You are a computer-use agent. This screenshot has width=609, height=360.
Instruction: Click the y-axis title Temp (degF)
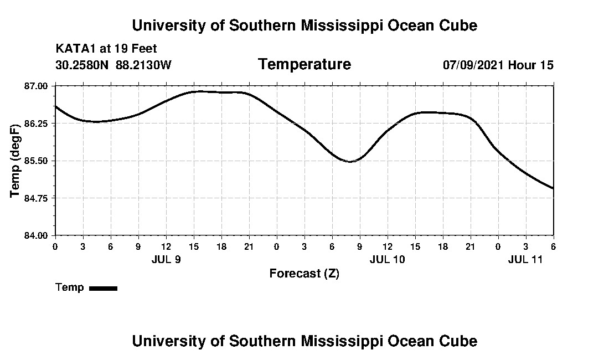pos(16,160)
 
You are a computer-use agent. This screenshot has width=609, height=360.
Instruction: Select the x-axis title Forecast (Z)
pos(304,273)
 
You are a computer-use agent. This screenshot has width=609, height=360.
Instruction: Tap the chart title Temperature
pos(304,65)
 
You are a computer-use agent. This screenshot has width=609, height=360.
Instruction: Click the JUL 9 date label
pos(166,259)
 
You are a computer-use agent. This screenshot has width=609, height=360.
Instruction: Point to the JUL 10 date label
pos(388,259)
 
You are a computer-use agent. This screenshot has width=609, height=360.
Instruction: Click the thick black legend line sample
pos(103,288)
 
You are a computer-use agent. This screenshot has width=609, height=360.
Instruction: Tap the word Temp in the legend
pos(70,287)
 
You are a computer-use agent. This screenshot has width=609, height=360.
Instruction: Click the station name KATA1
pos(73,49)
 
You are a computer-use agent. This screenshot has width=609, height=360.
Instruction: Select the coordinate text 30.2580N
pos(82,65)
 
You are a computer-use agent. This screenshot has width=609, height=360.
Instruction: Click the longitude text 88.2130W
pos(143,65)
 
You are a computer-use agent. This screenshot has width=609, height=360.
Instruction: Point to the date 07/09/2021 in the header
pos(473,65)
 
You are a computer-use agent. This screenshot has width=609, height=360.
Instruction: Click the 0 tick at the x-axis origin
pos(55,246)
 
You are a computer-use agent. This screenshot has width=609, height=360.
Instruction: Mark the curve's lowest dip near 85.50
pos(350,162)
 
